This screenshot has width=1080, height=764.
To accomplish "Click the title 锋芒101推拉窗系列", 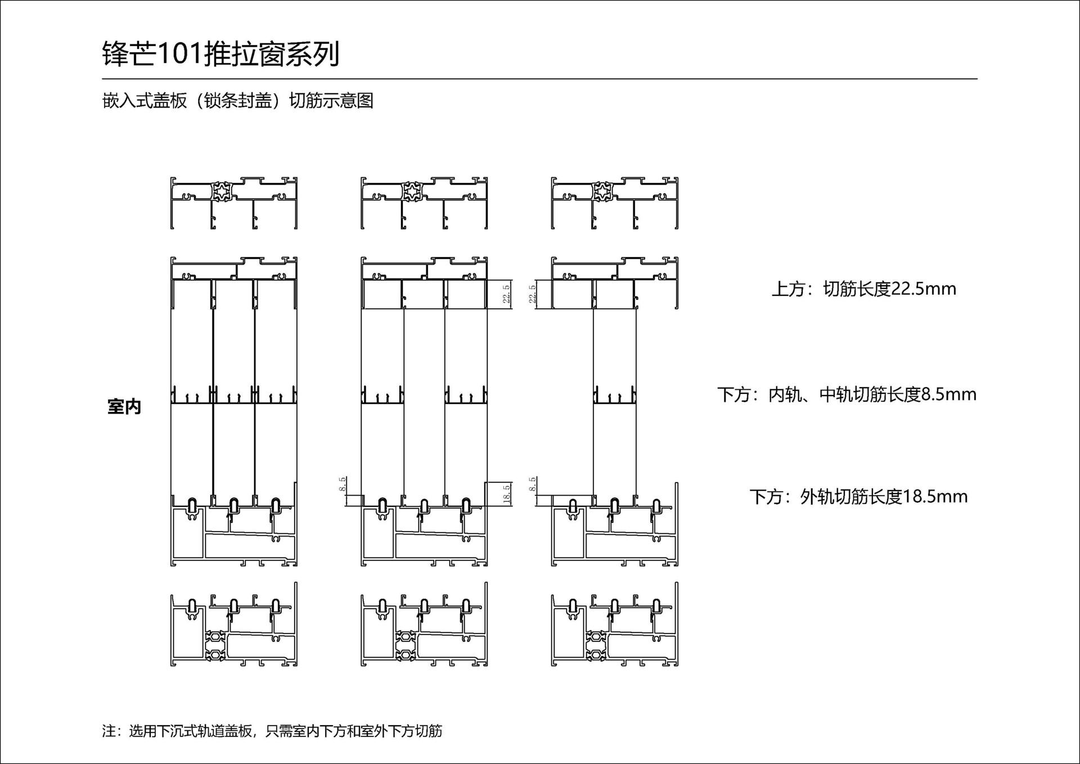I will point(220,55).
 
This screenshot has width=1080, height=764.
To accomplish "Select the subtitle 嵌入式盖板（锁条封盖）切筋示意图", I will point(238,101).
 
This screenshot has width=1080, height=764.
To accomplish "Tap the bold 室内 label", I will point(124,407).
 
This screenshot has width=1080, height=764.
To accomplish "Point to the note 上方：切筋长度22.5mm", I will point(863,289).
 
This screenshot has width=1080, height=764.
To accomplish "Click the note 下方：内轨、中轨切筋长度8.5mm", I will point(847,394).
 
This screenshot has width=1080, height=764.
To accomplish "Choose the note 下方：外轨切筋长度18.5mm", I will point(858,497).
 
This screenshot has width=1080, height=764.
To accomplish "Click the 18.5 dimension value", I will point(506,494).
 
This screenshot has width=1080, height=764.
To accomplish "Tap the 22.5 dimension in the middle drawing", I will point(506,294).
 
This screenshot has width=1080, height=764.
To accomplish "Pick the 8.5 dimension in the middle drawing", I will point(343,485).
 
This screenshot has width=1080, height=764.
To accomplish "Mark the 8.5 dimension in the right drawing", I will point(533,485).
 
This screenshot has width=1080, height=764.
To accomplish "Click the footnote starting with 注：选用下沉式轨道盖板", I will point(272,731).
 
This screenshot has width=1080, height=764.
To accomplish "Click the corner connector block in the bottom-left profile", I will point(215,645).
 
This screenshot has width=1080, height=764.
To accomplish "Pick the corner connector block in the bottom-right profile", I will point(596,645).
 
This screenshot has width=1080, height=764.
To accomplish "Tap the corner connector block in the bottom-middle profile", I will point(406,645).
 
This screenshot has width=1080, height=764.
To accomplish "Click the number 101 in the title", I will point(179,55).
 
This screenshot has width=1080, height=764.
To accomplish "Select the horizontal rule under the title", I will point(539,79).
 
